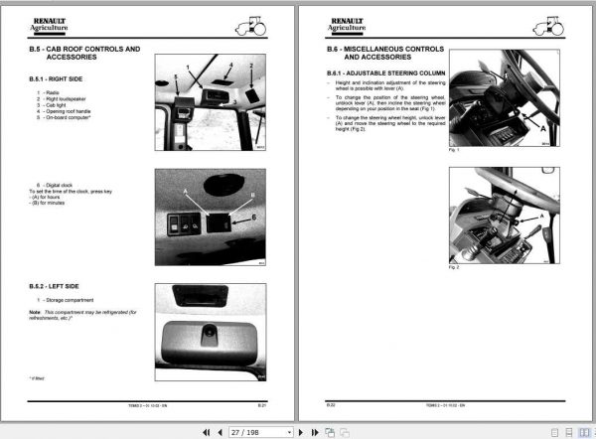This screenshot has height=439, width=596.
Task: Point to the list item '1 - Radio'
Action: pyautogui.click(x=49, y=92)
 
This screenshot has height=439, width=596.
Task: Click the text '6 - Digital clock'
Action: pyautogui.click(x=57, y=186)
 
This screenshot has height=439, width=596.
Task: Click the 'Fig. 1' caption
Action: pyautogui.click(x=455, y=149)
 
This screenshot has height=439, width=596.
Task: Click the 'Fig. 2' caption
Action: pyautogui.click(x=455, y=267)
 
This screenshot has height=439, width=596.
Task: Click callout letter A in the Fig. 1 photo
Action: pyautogui.click(x=541, y=127)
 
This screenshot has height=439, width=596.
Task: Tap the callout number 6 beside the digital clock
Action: pyautogui.click(x=252, y=217)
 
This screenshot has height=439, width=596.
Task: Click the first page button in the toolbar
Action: pyautogui.click(x=206, y=432)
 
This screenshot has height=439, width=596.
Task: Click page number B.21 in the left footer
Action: pyautogui.click(x=261, y=405)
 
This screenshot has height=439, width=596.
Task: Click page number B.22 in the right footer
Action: pyautogui.click(x=332, y=405)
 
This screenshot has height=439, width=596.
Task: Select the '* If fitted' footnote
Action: pyautogui.click(x=38, y=378)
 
